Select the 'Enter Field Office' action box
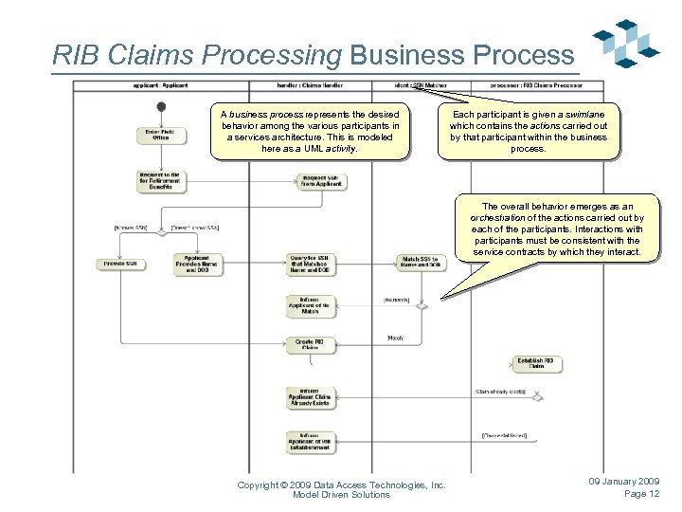(160, 135)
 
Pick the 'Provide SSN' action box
(120, 263)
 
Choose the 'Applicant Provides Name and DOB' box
(198, 263)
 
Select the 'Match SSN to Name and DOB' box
(421, 261)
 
